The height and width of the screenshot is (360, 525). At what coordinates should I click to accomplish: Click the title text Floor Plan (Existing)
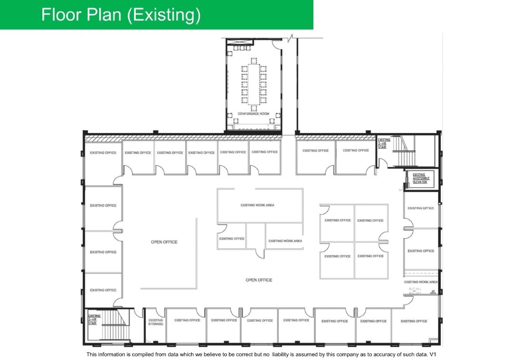121,15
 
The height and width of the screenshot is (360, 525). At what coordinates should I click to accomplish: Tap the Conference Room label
253,113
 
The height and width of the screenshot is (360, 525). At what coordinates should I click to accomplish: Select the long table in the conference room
254,84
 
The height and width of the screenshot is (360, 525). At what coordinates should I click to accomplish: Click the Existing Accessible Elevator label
420,178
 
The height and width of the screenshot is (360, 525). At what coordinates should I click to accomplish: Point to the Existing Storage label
155,322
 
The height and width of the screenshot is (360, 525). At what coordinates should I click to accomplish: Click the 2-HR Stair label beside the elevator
384,144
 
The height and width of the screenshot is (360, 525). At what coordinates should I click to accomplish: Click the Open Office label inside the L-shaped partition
164,242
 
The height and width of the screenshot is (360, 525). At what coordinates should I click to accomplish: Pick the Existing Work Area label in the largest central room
257,205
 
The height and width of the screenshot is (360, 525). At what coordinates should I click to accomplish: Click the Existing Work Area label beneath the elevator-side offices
421,282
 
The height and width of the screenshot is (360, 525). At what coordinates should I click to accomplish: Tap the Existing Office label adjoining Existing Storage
187,320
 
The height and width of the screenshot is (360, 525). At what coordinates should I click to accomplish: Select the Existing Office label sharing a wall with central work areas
232,239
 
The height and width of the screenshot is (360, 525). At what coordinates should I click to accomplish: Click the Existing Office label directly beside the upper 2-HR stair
356,150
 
